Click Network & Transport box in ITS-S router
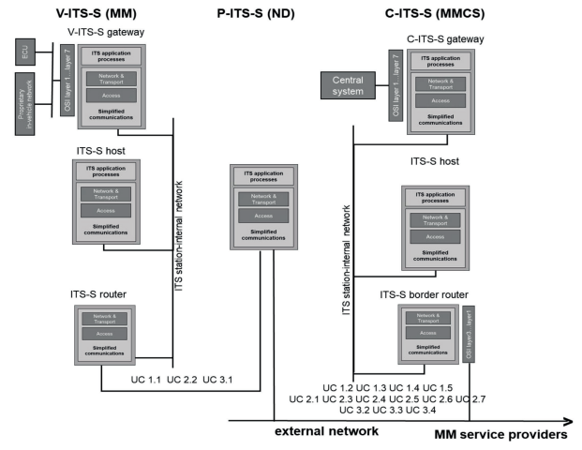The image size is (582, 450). (x=105, y=320)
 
